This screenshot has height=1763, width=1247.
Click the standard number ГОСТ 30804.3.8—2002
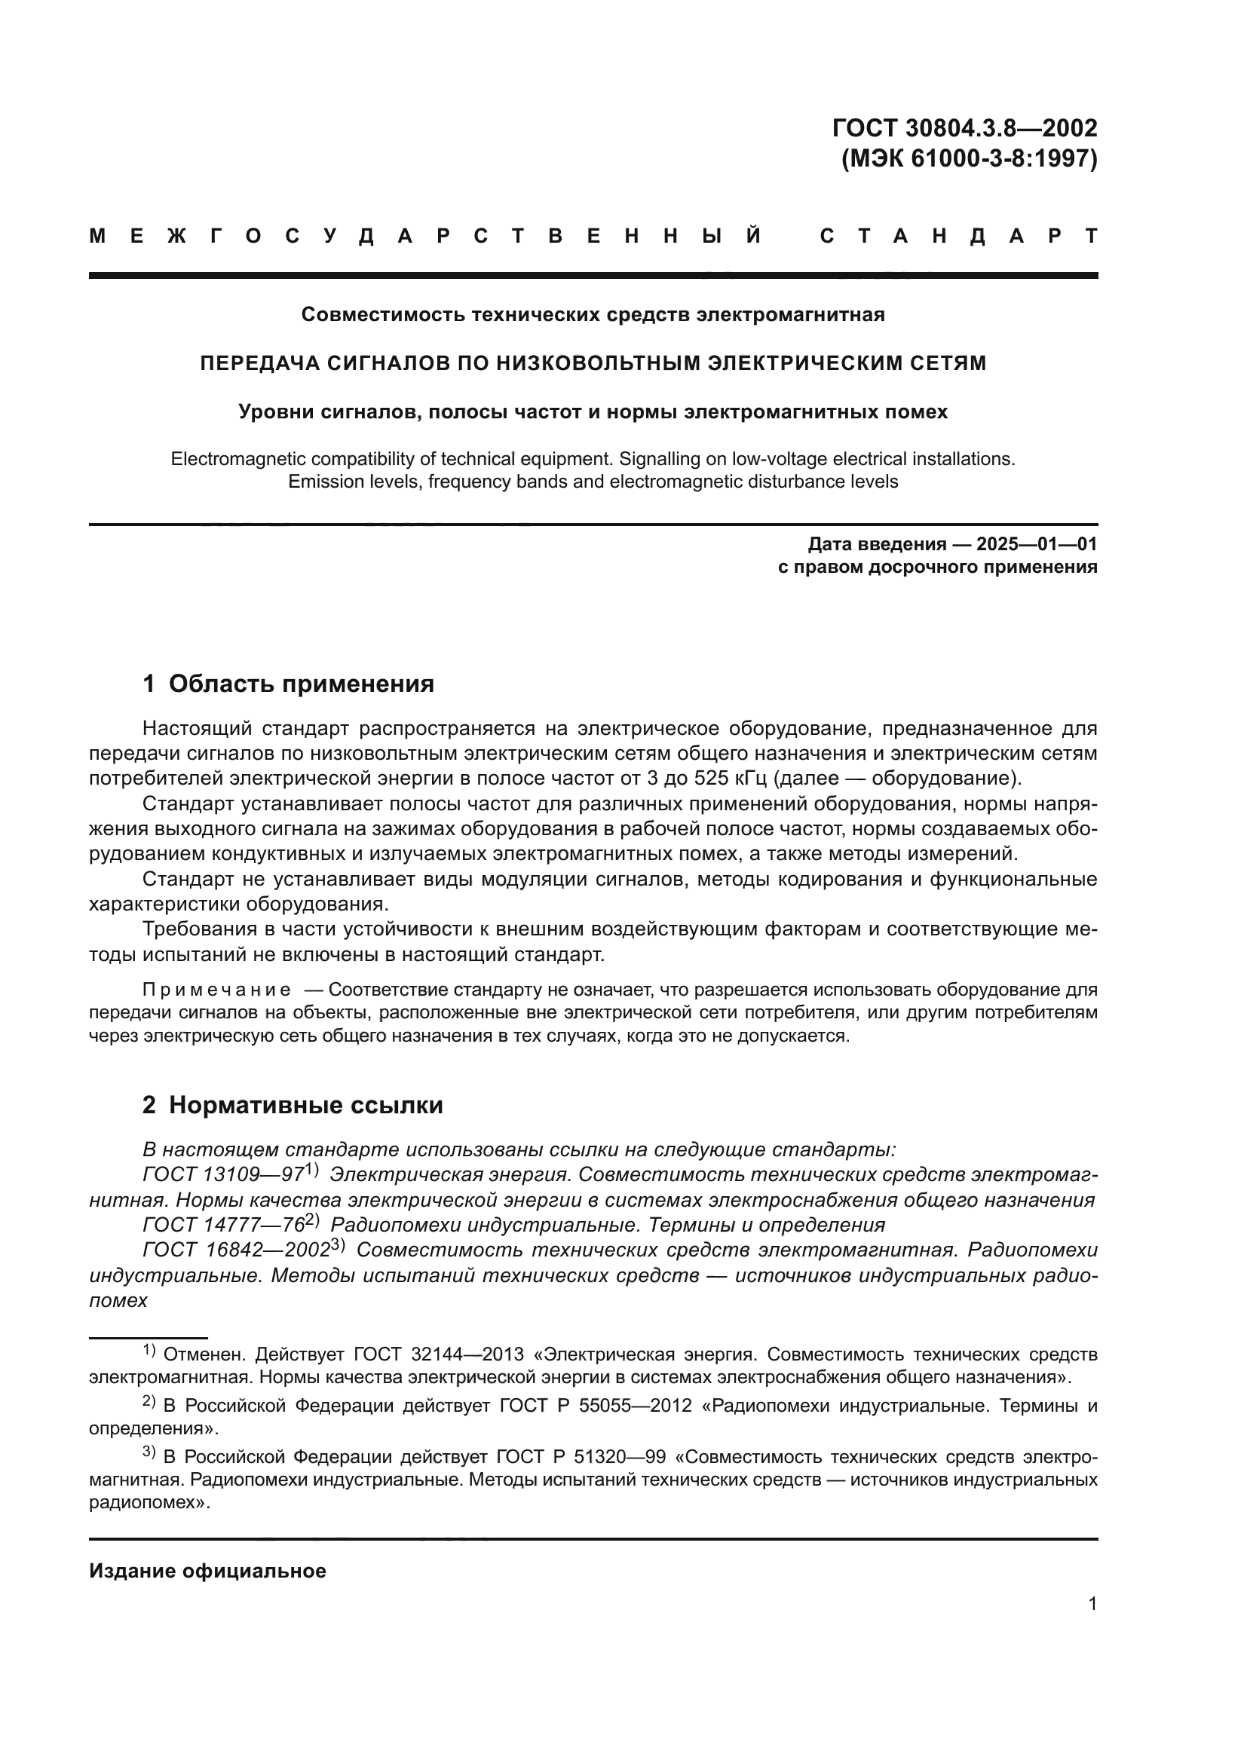[x=964, y=127]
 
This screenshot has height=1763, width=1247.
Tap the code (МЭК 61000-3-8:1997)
[x=969, y=158]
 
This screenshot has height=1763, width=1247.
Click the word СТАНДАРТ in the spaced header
[x=959, y=237]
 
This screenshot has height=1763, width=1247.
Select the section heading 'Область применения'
[x=301, y=684]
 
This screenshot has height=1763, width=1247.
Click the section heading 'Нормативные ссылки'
[x=305, y=1105]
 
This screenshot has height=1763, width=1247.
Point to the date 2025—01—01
[x=1037, y=544]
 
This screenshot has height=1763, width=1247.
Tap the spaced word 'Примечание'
[x=216, y=989]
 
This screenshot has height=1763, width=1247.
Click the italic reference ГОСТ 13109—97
[x=223, y=1175]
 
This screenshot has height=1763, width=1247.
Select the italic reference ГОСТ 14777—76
[x=223, y=1225]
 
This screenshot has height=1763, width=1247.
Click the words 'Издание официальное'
[x=207, y=1571]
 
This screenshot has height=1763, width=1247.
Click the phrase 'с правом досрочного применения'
[x=938, y=567]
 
